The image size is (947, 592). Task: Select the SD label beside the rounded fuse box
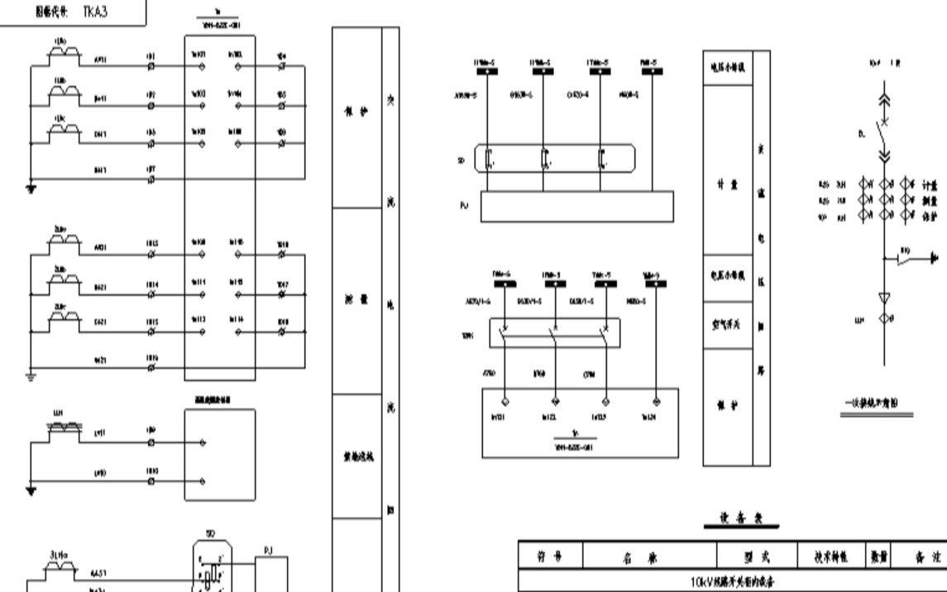tap(461, 161)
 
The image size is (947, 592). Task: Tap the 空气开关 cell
tap(727, 324)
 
